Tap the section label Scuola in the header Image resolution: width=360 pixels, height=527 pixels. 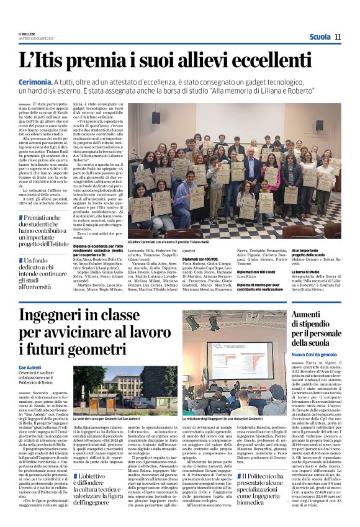320,37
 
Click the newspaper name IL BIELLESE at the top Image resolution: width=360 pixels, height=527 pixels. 27,34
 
